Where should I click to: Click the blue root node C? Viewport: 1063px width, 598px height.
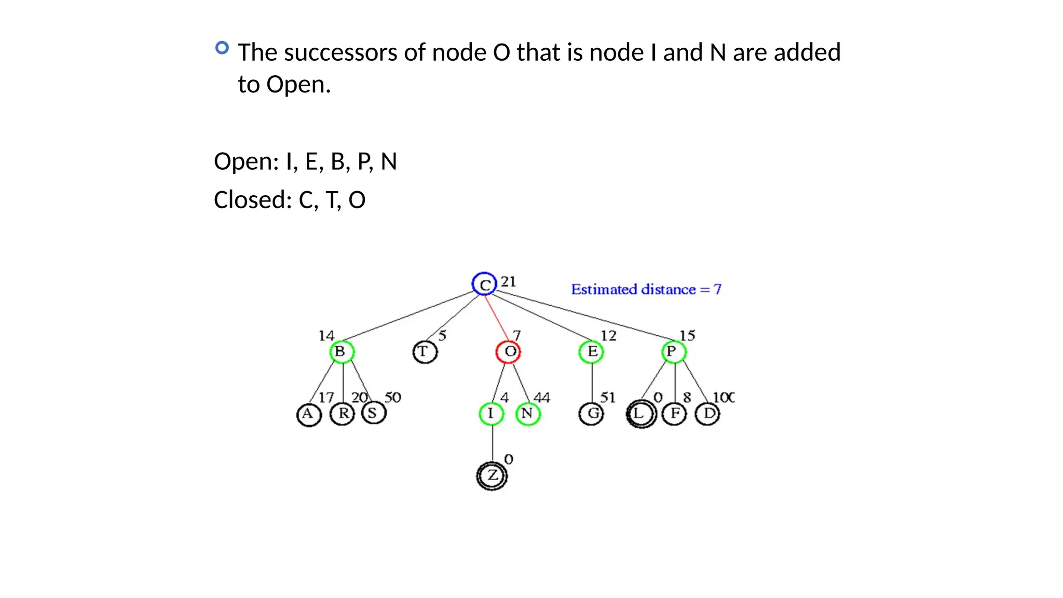(x=484, y=284)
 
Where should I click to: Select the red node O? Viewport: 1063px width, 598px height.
(x=509, y=352)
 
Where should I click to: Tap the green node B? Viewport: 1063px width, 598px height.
(x=342, y=352)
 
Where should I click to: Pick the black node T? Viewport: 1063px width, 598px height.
(x=425, y=352)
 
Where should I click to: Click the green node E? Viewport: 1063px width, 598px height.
(x=591, y=352)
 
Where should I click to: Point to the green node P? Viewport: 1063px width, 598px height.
(x=674, y=352)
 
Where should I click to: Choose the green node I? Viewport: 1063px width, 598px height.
(x=491, y=414)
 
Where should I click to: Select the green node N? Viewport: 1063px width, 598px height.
(x=528, y=414)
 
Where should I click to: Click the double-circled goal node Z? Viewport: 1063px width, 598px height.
(x=492, y=475)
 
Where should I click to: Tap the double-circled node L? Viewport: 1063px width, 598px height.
(x=641, y=414)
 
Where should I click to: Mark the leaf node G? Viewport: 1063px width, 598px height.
(x=591, y=414)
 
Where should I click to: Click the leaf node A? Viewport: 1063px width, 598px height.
(x=309, y=415)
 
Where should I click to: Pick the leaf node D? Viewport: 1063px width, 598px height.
(x=707, y=414)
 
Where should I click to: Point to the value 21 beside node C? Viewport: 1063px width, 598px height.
(x=508, y=282)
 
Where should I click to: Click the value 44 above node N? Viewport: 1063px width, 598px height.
(x=541, y=398)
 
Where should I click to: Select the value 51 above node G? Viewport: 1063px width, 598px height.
(x=608, y=398)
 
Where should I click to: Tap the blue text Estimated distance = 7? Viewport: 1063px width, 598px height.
(x=646, y=290)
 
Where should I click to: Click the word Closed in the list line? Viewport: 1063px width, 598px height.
(x=250, y=200)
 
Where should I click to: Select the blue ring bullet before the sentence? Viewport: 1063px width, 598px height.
(x=222, y=48)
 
